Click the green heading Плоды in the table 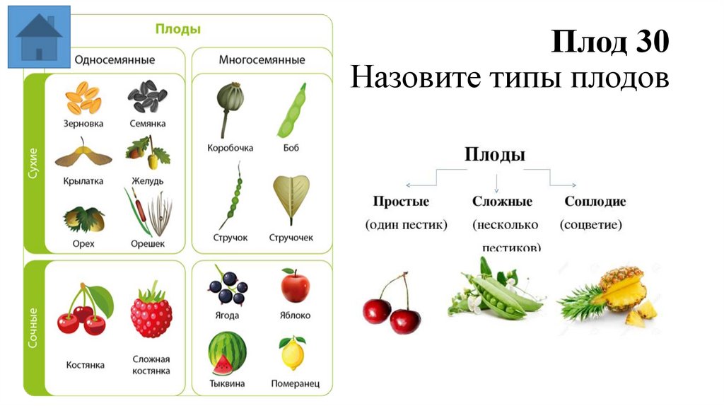[x=178, y=29]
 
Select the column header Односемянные [x=115, y=60]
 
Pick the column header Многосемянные [x=262, y=60]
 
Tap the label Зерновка [x=83, y=123]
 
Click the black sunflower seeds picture [x=147, y=98]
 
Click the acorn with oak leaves [x=147, y=152]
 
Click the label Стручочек [x=291, y=238]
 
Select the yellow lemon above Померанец [x=293, y=353]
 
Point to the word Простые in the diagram [x=401, y=202]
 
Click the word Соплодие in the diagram [x=595, y=202]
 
